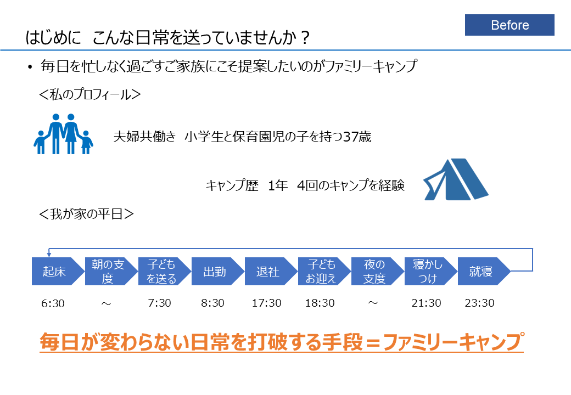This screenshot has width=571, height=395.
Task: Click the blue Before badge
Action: [510, 25]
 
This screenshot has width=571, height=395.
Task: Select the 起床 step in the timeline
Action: [54, 272]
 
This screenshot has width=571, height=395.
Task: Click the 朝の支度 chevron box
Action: [108, 272]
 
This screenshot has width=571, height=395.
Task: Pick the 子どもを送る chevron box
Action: [161, 272]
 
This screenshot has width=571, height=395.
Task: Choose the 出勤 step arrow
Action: [215, 272]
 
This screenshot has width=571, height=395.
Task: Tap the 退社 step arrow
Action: [268, 272]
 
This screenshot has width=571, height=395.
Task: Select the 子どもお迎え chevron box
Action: [321, 272]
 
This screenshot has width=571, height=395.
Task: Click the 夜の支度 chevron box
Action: [374, 272]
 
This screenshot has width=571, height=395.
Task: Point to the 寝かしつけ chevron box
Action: [428, 272]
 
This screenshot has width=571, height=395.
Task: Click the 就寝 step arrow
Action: [481, 272]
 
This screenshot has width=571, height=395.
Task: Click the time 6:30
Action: [53, 303]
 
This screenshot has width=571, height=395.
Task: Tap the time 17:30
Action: [266, 303]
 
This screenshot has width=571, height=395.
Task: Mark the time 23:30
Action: [479, 303]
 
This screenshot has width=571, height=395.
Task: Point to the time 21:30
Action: [426, 303]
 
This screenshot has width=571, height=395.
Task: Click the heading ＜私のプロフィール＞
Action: [91, 94]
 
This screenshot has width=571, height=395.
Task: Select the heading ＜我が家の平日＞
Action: [87, 213]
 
